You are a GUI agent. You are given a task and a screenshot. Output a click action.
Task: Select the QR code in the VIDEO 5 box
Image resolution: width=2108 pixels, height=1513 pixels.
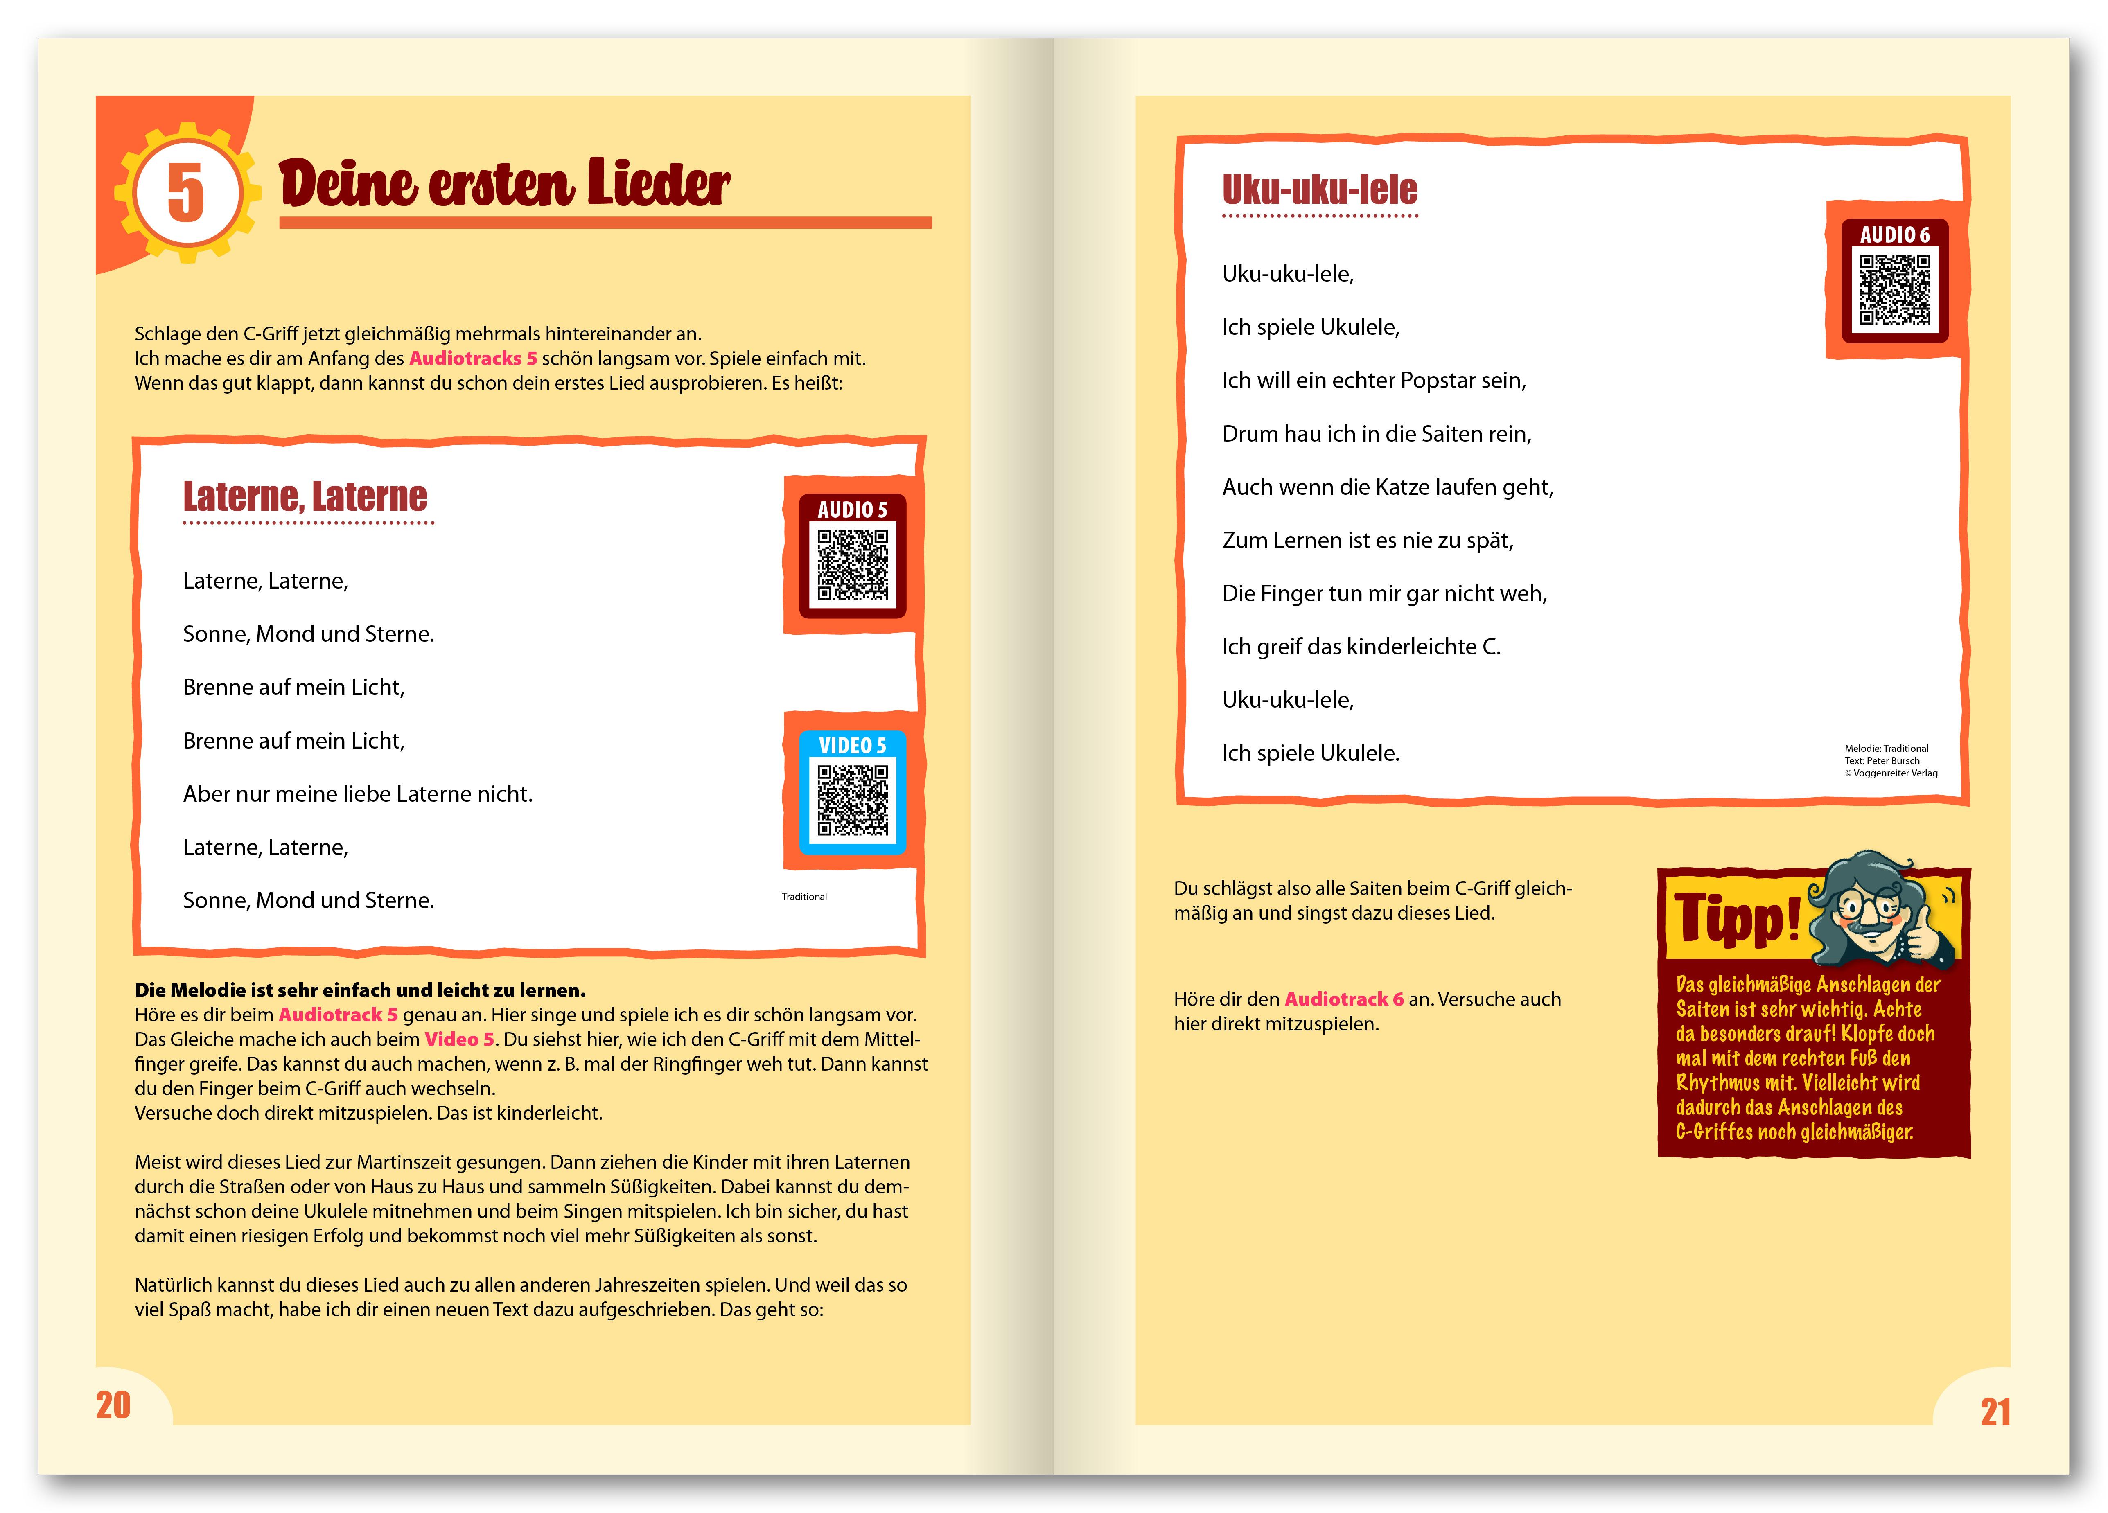pos(852,800)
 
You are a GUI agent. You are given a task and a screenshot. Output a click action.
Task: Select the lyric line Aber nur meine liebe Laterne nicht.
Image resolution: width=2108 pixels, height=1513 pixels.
pos(358,794)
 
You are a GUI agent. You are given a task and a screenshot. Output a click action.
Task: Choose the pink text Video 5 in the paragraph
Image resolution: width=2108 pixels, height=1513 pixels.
pos(459,1039)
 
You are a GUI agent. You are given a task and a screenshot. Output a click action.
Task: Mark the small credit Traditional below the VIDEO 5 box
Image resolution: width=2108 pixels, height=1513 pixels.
pos(804,897)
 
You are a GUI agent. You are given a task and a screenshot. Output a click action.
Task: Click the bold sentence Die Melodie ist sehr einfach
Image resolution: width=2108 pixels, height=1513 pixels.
pos(360,990)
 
